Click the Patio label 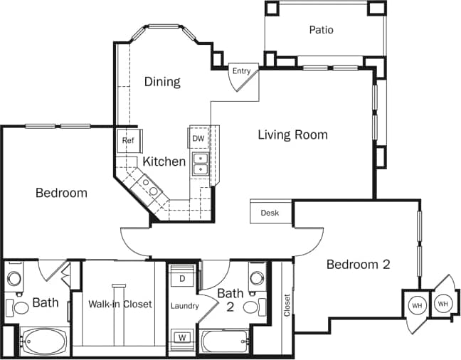[x=321, y=30]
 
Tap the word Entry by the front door [x=240, y=70]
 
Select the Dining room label [x=162, y=81]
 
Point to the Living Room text [x=292, y=134]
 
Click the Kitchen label [x=164, y=162]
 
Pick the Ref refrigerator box [x=128, y=140]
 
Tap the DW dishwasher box [x=198, y=138]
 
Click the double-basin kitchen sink [x=201, y=164]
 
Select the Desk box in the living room [x=270, y=213]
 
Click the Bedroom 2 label [x=359, y=265]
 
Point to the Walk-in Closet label [x=120, y=304]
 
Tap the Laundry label [x=184, y=307]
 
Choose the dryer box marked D [x=181, y=277]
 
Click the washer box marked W [x=181, y=337]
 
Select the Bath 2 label [x=231, y=299]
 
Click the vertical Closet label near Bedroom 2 [x=287, y=304]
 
